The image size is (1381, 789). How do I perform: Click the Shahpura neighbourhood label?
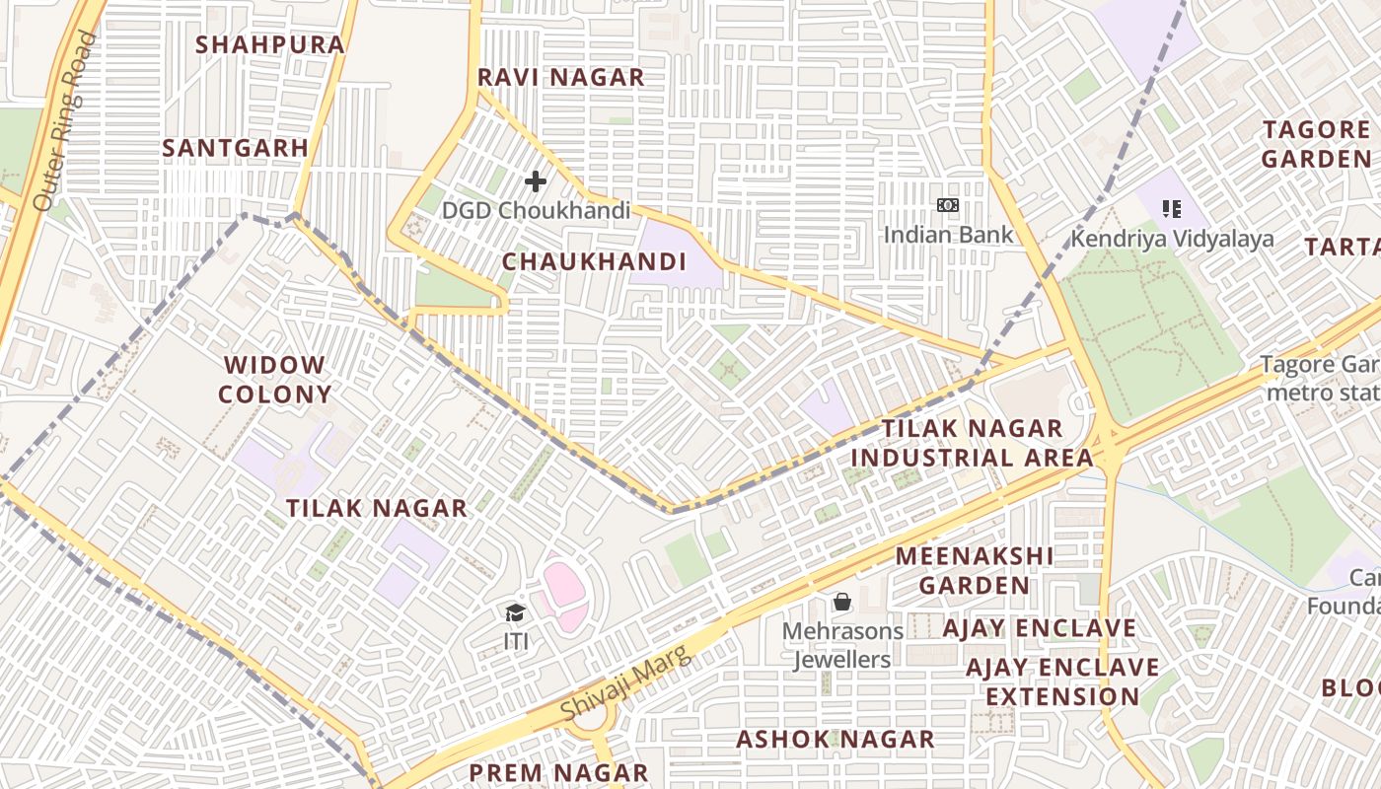(x=270, y=44)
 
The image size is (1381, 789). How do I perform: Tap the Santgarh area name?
(x=235, y=148)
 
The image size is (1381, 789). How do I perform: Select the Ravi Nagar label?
(x=560, y=77)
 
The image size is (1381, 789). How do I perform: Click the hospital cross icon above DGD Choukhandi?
(x=536, y=181)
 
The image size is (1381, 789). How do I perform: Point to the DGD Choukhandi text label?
(x=536, y=210)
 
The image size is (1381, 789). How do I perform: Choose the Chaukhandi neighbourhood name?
(x=594, y=261)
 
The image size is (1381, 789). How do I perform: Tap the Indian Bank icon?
(x=947, y=205)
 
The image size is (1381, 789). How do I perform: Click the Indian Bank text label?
(x=948, y=235)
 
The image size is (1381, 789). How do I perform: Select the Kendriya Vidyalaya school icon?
(x=1172, y=208)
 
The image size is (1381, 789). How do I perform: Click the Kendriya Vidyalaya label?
(x=1173, y=239)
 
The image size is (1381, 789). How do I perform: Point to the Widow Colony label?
(x=274, y=380)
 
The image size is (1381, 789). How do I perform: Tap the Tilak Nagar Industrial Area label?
(x=972, y=443)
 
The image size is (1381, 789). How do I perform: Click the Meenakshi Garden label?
(x=975, y=570)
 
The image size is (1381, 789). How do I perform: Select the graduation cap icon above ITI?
(x=515, y=613)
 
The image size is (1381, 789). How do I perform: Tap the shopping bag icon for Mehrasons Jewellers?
(x=842, y=602)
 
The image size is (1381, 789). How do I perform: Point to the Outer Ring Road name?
(x=65, y=120)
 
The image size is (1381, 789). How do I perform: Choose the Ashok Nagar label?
(x=836, y=739)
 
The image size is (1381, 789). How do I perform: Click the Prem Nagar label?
(x=558, y=772)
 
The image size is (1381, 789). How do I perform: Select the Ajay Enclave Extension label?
(x=1062, y=681)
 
